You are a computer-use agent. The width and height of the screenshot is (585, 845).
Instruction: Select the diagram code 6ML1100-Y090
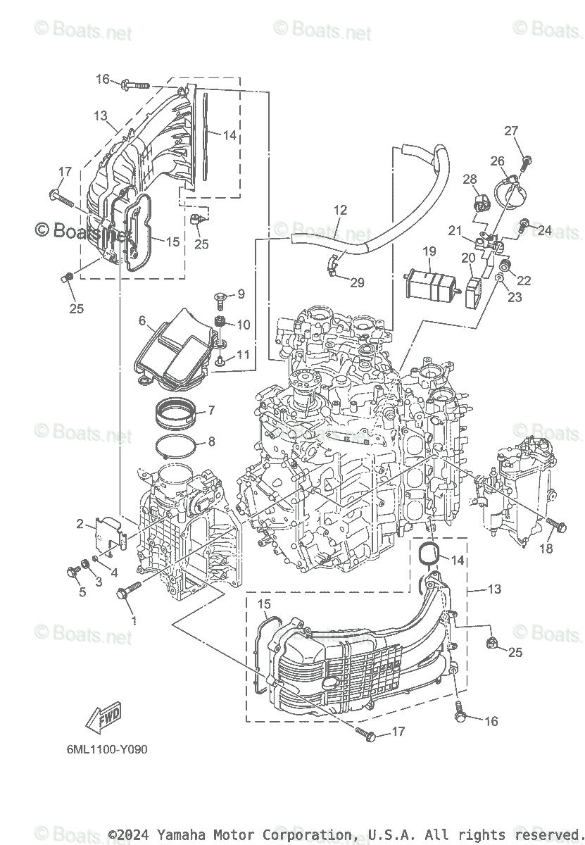(x=103, y=749)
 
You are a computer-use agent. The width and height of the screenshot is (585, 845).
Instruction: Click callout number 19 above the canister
(x=429, y=251)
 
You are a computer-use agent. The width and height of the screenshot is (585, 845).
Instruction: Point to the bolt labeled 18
(x=557, y=525)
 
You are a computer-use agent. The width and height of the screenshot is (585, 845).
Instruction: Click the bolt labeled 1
(x=127, y=594)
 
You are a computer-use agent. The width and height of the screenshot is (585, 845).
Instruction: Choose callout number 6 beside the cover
(x=142, y=320)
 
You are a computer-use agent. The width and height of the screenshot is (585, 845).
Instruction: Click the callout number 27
(x=511, y=130)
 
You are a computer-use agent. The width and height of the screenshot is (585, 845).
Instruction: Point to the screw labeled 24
(x=523, y=226)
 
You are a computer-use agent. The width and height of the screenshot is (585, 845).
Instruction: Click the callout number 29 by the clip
(x=358, y=282)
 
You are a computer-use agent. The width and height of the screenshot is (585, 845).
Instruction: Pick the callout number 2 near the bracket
(x=81, y=523)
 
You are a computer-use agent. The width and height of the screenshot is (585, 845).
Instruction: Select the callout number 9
(x=241, y=293)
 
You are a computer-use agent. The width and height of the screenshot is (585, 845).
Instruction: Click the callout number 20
(x=468, y=258)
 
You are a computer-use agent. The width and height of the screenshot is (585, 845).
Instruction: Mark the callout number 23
(x=515, y=297)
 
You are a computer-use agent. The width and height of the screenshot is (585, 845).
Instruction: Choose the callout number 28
(x=470, y=180)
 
